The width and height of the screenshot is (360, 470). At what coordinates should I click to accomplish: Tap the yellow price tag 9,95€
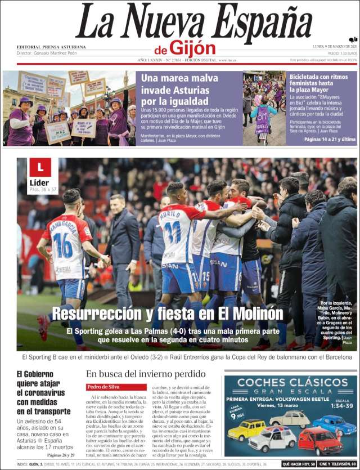(238, 415)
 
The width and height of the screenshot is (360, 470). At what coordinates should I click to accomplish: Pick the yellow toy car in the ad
(247, 429)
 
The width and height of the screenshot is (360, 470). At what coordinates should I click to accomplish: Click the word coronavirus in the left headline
(40, 392)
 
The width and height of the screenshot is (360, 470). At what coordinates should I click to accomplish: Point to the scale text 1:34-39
(341, 406)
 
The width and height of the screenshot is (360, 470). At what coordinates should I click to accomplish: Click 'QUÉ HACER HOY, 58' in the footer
(298, 464)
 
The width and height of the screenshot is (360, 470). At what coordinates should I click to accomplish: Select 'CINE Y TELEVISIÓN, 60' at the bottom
(337, 464)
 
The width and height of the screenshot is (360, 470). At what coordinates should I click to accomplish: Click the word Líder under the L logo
(38, 182)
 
